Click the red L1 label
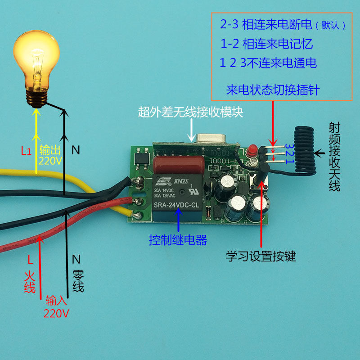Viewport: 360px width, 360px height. (26, 151)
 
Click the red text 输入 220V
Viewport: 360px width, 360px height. (56, 306)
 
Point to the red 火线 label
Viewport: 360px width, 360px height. (30, 279)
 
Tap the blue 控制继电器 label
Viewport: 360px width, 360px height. (178, 240)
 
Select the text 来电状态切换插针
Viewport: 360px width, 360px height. (273, 90)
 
